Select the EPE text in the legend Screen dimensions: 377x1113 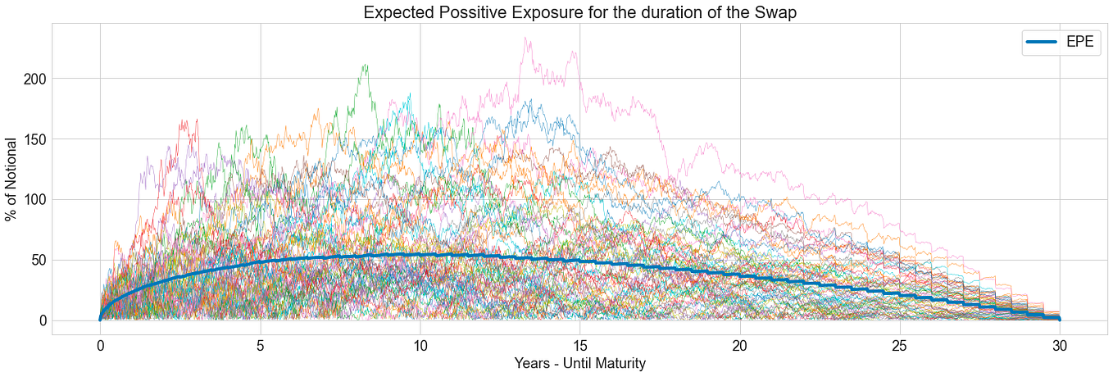[1079, 43]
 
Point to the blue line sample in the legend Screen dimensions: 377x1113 [1042, 43]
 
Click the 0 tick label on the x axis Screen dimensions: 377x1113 [100, 345]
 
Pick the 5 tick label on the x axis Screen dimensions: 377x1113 [260, 345]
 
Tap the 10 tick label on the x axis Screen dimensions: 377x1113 [420, 345]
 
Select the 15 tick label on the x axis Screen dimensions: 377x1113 [580, 345]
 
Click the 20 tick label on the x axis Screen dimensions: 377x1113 [740, 345]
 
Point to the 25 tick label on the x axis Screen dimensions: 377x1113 [900, 345]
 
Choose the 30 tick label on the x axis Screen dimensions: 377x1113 [1060, 345]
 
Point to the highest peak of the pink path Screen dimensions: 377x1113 [526, 38]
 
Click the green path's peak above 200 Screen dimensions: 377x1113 [366, 65]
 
